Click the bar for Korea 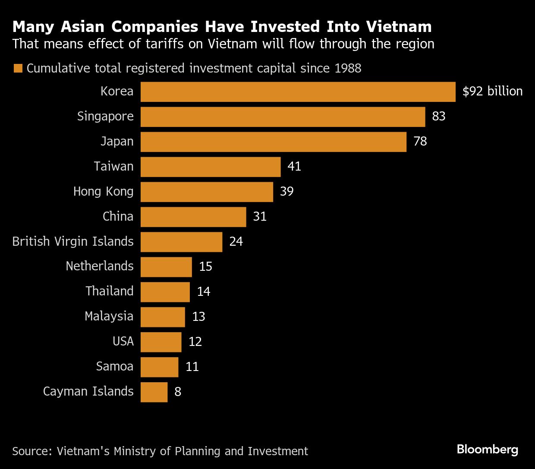pyautogui.click(x=298, y=92)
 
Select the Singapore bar pyautogui.click(x=283, y=117)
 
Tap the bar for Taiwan pyautogui.click(x=211, y=167)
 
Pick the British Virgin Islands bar pyautogui.click(x=181, y=242)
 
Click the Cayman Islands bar pyautogui.click(x=154, y=392)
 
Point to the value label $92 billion pyautogui.click(x=492, y=91)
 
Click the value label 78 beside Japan pyautogui.click(x=420, y=141)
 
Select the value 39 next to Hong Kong pyautogui.click(x=286, y=191)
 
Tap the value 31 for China pyautogui.click(x=260, y=216)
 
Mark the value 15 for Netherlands pyautogui.click(x=205, y=266)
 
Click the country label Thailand pyautogui.click(x=110, y=291)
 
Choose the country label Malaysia pyautogui.click(x=109, y=316)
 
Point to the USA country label pyautogui.click(x=123, y=341)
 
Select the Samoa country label pyautogui.click(x=115, y=366)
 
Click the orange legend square pyautogui.click(x=18, y=69)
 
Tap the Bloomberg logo pyautogui.click(x=487, y=450)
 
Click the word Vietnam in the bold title pyautogui.click(x=399, y=27)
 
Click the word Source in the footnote pyautogui.click(x=32, y=451)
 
